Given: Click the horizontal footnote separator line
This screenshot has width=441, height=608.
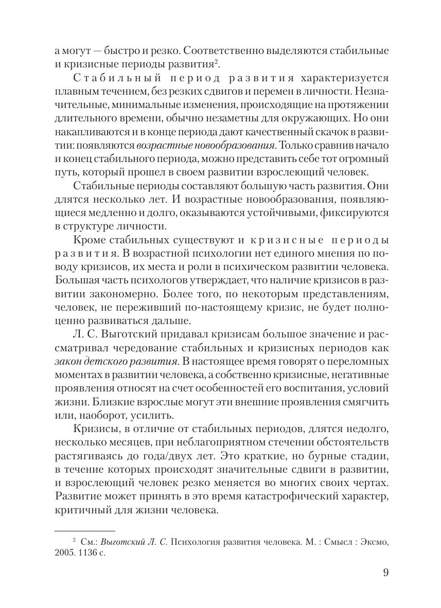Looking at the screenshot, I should (84, 530).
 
